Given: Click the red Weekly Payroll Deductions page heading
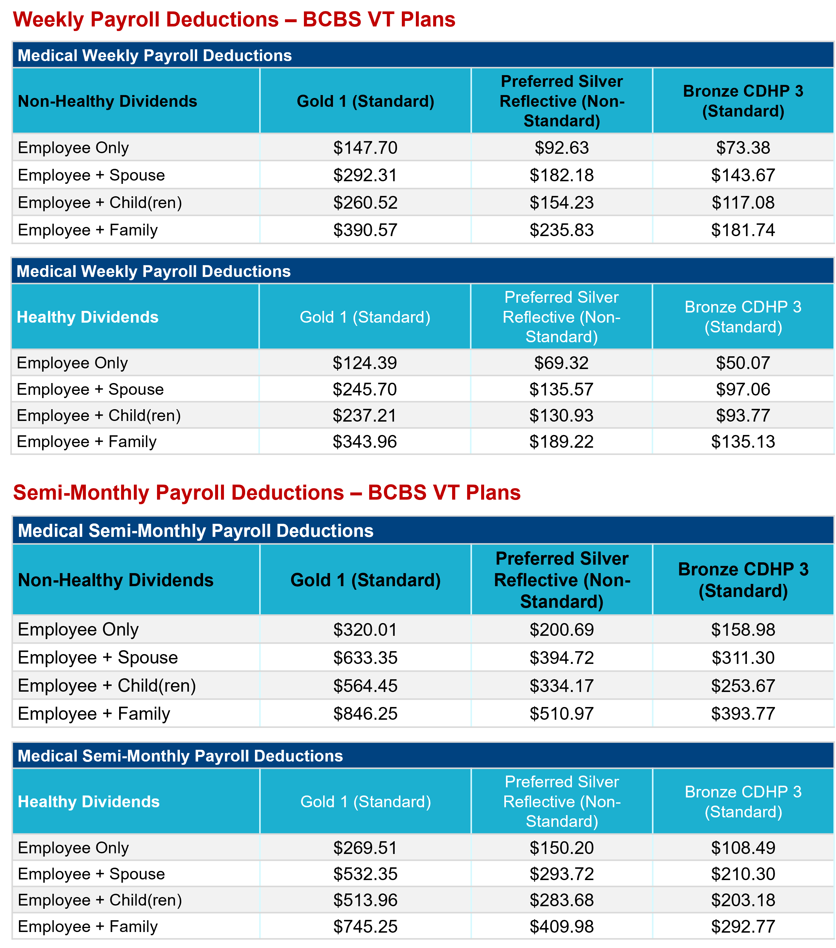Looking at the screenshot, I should point(234,20).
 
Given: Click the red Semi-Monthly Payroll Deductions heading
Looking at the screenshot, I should point(267,492).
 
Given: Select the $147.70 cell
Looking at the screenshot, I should point(365,148).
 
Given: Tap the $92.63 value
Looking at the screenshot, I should point(561,148).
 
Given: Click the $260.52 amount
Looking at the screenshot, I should point(365,203).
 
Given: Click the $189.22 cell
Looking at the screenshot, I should point(561,442).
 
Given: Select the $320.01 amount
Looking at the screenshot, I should point(365,629).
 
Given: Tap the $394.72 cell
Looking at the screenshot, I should point(561,658).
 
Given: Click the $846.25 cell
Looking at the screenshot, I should point(365,713).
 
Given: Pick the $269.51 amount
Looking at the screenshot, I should point(365,848).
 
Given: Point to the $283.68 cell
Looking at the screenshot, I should point(561,900).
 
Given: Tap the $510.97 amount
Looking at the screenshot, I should point(561,713).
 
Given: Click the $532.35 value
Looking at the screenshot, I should point(365,874).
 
